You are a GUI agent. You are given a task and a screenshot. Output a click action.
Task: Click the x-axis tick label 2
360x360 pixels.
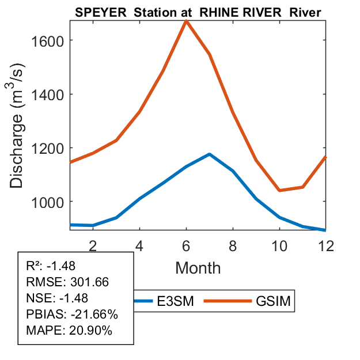[x=93, y=244]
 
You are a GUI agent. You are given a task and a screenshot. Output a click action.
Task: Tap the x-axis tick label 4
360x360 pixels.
[x=139, y=244]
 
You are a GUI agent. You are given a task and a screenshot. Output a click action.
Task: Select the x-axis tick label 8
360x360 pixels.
[x=233, y=244]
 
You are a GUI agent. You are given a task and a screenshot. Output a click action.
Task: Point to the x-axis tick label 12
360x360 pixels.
[x=325, y=244]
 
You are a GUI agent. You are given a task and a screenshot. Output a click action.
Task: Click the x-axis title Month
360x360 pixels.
[x=198, y=268]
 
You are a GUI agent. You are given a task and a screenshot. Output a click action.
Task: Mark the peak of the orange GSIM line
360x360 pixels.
[x=186, y=21]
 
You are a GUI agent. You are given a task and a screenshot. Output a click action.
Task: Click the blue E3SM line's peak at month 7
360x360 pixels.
[x=209, y=154]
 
